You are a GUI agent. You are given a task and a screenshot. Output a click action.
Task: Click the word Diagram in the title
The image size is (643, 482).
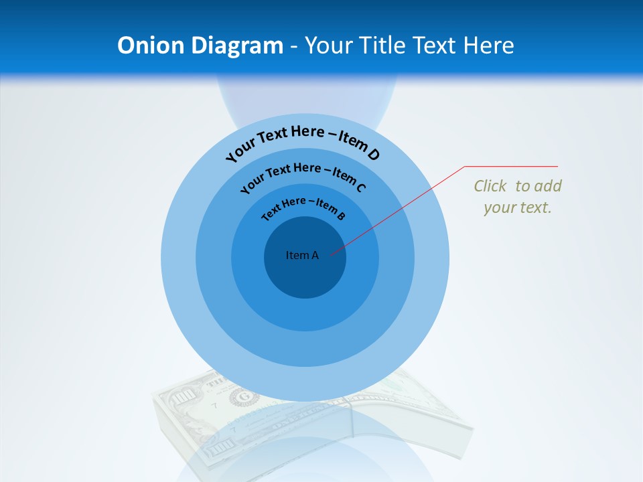pos(237,46)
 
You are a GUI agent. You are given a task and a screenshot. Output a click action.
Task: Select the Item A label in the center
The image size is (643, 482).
pos(302,255)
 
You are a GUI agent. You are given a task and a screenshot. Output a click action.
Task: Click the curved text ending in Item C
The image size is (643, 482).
pos(303,176)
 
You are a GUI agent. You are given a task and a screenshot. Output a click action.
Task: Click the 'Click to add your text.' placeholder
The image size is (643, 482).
pos(518,197)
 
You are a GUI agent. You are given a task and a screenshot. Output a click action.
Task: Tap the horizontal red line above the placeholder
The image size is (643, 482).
pos(511,167)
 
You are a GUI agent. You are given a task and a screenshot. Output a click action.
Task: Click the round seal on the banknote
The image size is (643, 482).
pos(239,398)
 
